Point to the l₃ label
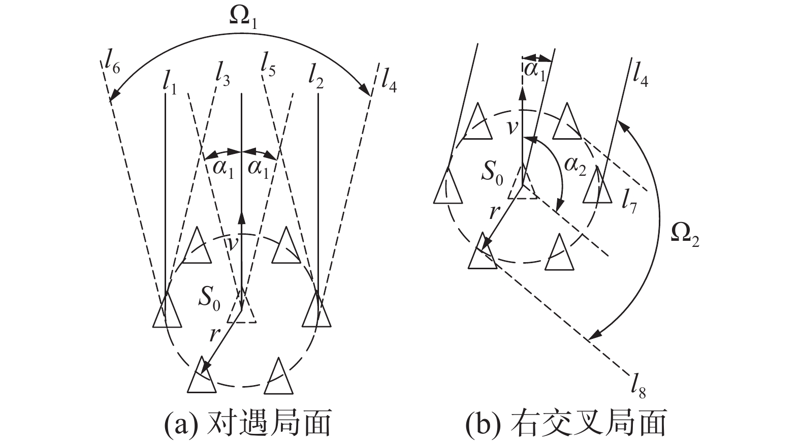pos(222,75)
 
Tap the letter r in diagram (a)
pos(215,334)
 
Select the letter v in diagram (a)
pos(233,243)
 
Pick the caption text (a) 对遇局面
pos(247,423)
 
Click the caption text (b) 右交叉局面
pos(565,423)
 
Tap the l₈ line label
pos(638,387)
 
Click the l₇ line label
pos(629,201)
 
